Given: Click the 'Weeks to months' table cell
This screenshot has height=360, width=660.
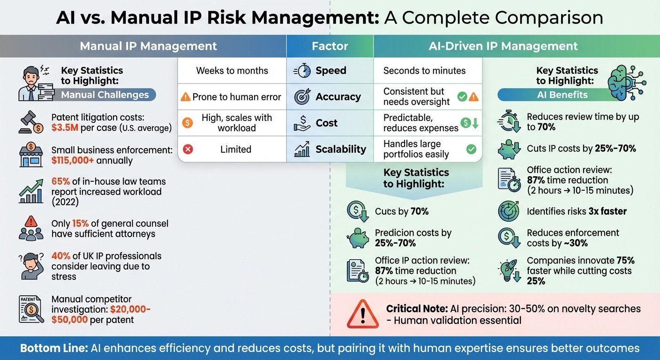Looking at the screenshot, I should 232,71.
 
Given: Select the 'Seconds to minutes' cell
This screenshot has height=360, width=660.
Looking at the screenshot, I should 424,71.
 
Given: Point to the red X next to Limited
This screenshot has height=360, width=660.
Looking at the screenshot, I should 187,150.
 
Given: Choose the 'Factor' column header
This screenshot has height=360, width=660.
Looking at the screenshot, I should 330,46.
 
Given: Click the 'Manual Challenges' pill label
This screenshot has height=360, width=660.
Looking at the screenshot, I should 105,95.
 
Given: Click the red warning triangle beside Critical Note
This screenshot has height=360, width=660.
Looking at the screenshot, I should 362,314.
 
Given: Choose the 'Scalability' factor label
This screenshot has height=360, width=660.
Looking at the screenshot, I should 341,149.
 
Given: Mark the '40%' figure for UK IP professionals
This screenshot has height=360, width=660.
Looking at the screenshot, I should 61,256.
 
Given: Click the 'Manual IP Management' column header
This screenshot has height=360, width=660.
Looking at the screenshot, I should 148,46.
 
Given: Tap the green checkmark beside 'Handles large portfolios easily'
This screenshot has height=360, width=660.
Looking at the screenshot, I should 471,149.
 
